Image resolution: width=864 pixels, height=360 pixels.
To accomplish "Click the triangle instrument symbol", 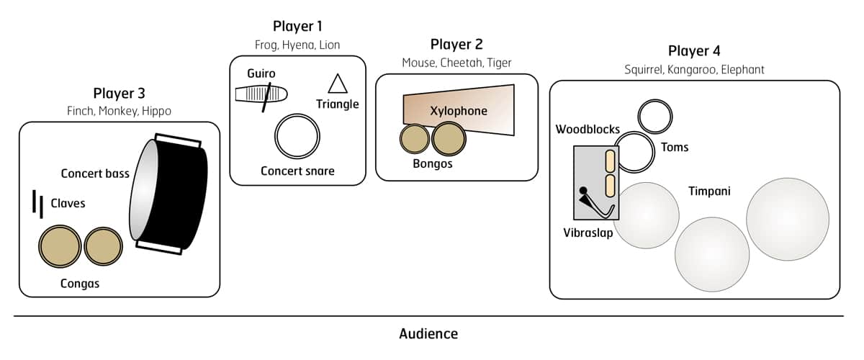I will [337, 85].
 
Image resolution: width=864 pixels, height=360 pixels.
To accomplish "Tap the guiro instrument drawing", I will [261, 94].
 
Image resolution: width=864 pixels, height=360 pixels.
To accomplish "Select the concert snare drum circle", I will [297, 136].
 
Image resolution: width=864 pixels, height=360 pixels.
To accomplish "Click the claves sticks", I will [37, 204].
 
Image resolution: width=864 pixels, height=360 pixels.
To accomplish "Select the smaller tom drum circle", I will [655, 116].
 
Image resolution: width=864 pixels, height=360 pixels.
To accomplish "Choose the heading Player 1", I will [297, 27].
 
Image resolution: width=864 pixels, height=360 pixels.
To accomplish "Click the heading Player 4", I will [694, 51].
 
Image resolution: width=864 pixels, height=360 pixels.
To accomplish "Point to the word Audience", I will [428, 334].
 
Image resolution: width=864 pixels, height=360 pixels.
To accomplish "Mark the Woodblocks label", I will [588, 130].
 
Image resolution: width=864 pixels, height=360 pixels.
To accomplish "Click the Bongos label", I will [432, 163].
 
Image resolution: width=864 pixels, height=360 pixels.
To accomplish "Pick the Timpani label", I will [708, 192].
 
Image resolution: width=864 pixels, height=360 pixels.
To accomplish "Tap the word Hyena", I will [297, 45].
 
